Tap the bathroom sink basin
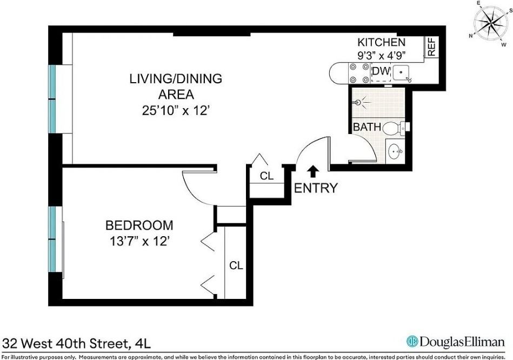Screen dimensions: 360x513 pyautogui.click(x=395, y=151)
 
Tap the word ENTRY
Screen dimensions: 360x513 pyautogui.click(x=316, y=188)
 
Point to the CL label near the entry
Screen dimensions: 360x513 pyautogui.click(x=267, y=176)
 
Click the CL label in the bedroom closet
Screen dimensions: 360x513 pyautogui.click(x=236, y=265)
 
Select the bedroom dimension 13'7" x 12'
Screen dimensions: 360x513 pyautogui.click(x=139, y=241)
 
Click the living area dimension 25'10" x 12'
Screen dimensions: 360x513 pyautogui.click(x=175, y=110)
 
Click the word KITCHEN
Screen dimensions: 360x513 pyautogui.click(x=381, y=42)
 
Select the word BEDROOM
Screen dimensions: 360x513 pyautogui.click(x=139, y=225)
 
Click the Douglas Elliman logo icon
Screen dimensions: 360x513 pyautogui.click(x=412, y=342)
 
